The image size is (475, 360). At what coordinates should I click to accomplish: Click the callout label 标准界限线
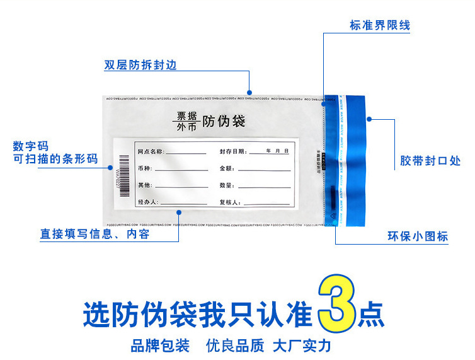click(379, 26)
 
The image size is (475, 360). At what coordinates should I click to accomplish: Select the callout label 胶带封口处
click(430, 161)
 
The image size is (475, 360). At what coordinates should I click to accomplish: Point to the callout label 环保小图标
click(418, 236)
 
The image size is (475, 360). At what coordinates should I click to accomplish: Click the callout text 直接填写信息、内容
click(95, 234)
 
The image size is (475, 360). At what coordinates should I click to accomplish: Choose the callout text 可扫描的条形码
click(55, 159)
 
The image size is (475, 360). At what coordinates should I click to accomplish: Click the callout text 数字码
click(30, 146)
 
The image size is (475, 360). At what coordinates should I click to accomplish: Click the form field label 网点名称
click(151, 152)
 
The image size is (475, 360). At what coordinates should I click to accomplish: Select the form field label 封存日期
click(232, 152)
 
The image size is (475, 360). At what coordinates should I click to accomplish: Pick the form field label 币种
click(145, 169)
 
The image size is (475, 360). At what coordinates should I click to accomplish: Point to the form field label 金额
click(227, 169)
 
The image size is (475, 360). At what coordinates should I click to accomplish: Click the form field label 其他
click(145, 185)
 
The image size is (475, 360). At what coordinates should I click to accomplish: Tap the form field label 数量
click(227, 185)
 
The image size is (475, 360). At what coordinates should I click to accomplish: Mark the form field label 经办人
click(147, 202)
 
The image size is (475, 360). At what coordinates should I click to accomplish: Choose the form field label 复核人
click(229, 202)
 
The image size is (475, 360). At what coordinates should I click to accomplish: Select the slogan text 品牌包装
click(160, 345)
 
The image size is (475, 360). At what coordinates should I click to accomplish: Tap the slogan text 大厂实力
click(302, 345)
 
